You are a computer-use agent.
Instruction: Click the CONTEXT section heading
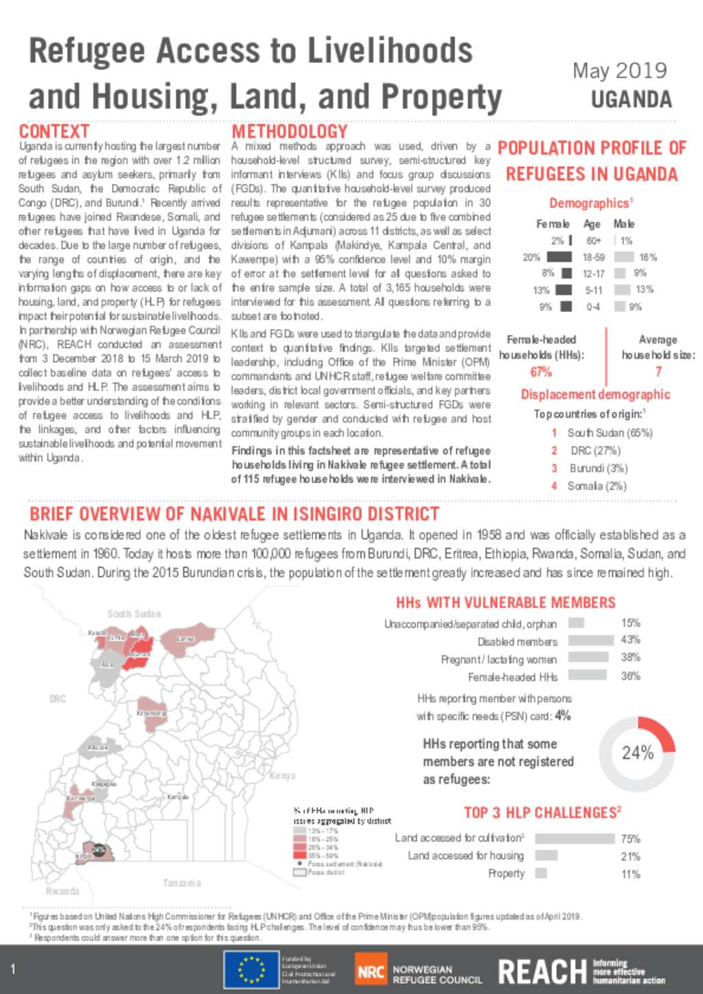coord(54,131)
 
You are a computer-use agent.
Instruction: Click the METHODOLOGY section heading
coord(289,131)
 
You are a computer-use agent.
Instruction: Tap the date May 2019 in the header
coord(619,71)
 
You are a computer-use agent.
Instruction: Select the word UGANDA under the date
coord(631,100)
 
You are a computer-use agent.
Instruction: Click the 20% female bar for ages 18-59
coord(559,257)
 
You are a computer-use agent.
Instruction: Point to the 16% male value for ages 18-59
coord(647,257)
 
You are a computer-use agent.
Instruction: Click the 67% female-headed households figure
coord(541,372)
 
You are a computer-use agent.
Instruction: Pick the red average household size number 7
coord(658,372)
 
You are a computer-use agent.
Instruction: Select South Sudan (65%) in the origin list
coord(610,433)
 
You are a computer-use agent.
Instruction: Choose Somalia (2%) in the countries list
coord(597,486)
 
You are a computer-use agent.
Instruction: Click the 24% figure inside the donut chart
coord(637,753)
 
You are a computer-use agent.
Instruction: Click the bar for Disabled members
coord(590,640)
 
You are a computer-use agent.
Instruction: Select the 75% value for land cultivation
coord(630,839)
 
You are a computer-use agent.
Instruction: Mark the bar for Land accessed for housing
coord(546,855)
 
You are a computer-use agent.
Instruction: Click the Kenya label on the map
coord(282,776)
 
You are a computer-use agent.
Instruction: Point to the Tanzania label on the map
coord(182,883)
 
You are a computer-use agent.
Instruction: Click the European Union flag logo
coord(251,969)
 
